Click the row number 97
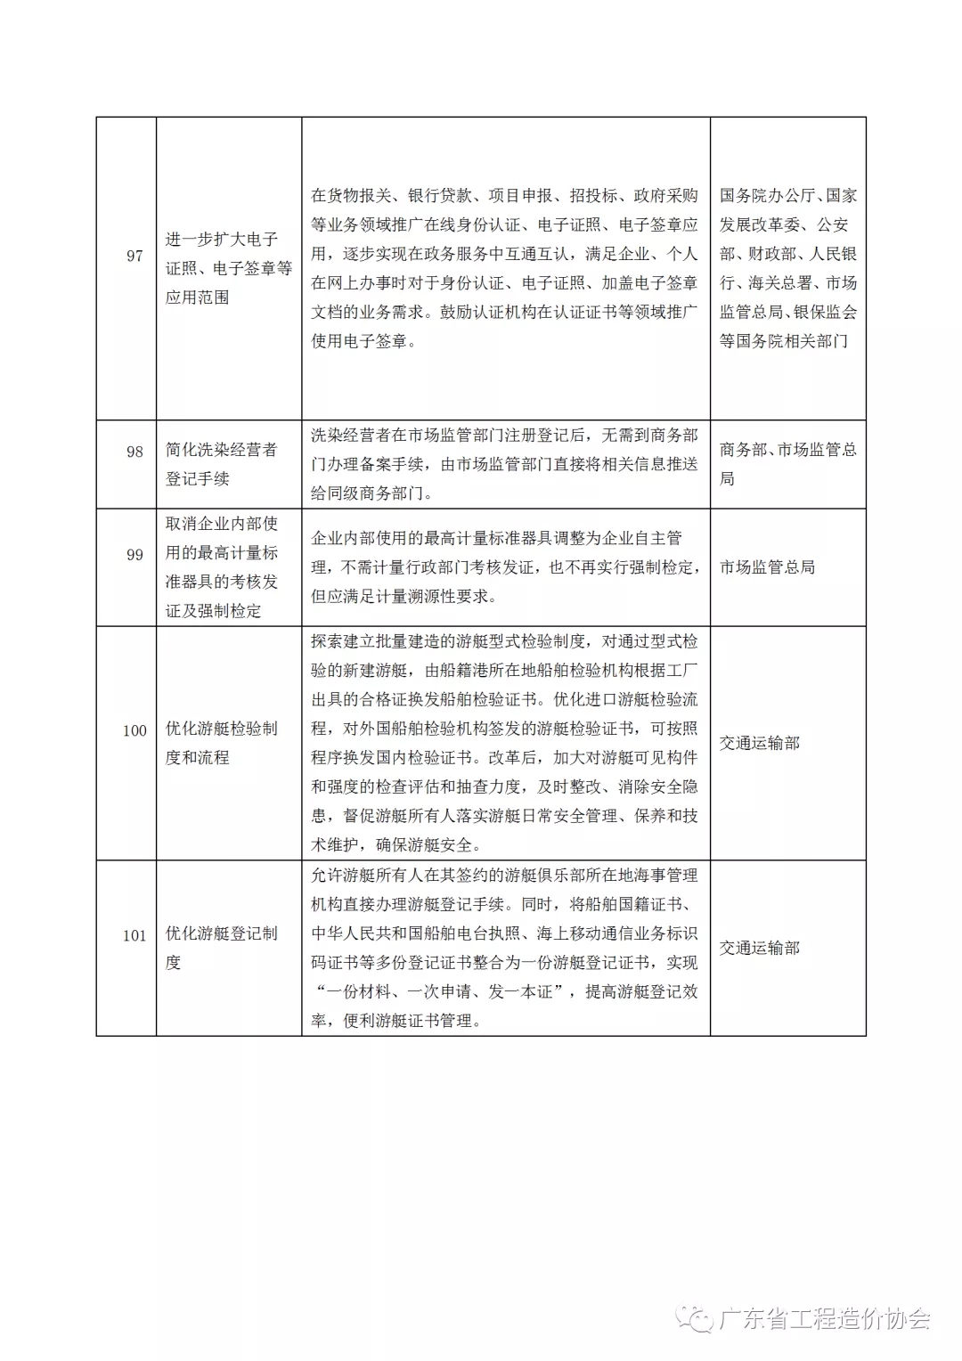coord(135,256)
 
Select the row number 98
coord(135,452)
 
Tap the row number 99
coord(135,555)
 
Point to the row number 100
coord(135,730)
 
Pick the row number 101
coord(135,935)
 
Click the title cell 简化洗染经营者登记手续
coord(222,464)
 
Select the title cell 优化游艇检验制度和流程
coord(222,743)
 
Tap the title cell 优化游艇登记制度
coord(222,948)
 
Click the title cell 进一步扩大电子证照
coord(229,268)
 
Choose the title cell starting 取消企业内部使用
coord(222,567)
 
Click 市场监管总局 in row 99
coord(767,567)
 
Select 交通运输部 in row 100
coord(760,743)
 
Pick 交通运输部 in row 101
coord(760,948)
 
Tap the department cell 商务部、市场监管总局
coord(787,464)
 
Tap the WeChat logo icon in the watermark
coord(694,1319)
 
